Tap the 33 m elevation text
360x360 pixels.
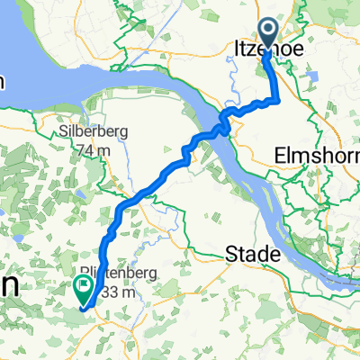(117, 292)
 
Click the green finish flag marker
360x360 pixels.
(83, 289)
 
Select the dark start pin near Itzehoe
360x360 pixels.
(268, 32)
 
